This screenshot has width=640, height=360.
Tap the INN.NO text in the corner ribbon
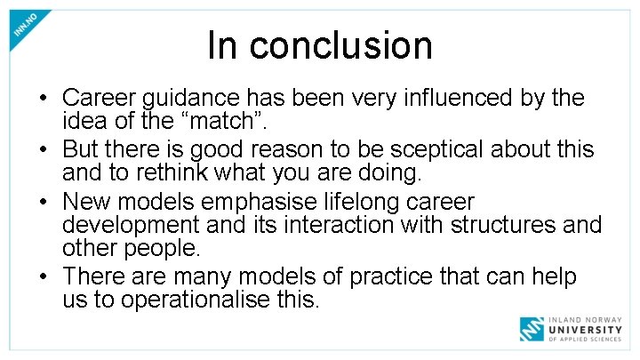click(26, 26)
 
